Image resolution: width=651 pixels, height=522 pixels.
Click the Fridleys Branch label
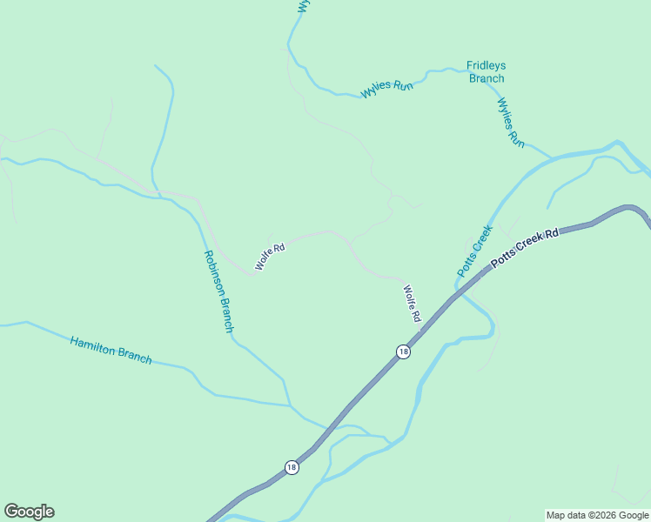pyautogui.click(x=487, y=71)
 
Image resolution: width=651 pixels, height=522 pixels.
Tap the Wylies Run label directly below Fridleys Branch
pyautogui.click(x=511, y=122)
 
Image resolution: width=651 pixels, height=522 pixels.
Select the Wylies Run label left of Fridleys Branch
pyautogui.click(x=387, y=87)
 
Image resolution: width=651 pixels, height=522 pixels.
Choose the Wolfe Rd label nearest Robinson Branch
pyautogui.click(x=270, y=255)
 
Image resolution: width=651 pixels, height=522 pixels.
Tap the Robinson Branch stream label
pyautogui.click(x=218, y=291)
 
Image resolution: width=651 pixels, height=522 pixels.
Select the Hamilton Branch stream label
pyautogui.click(x=111, y=350)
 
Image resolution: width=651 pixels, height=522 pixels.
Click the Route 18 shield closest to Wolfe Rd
pyautogui.click(x=402, y=351)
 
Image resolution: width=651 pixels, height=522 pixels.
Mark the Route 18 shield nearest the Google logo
pyautogui.click(x=292, y=467)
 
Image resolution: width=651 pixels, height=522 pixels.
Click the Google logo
pyautogui.click(x=29, y=512)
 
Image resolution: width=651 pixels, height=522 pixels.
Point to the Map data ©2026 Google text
pyautogui.click(x=597, y=515)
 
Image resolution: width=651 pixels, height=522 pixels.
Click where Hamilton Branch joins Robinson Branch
pyautogui.click(x=289, y=405)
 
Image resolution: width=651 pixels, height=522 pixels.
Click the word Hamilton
pyautogui.click(x=92, y=345)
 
